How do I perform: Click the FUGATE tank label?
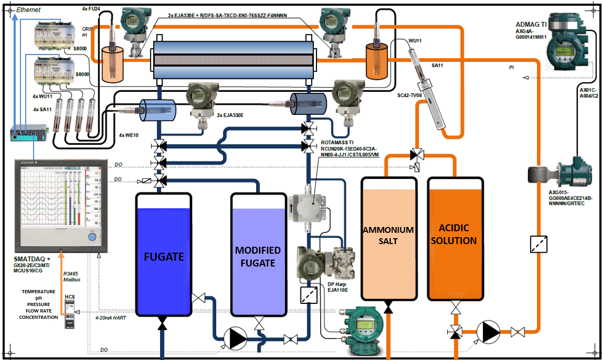(163, 257)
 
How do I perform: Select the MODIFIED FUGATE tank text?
(257, 256)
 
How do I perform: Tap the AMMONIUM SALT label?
(388, 235)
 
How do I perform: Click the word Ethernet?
(28, 10)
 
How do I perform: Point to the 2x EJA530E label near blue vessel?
(233, 115)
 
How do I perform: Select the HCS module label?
(69, 296)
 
